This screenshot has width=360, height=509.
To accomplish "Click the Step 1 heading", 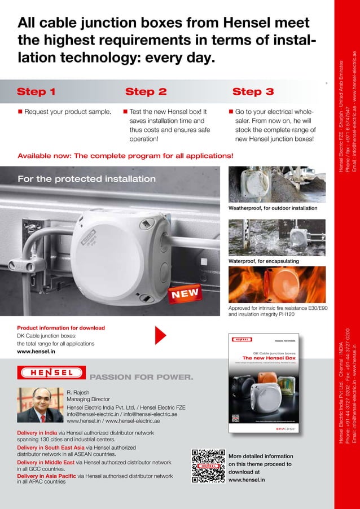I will [36, 92].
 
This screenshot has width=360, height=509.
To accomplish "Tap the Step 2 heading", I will [146, 92].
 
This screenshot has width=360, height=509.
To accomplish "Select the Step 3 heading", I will [253, 92].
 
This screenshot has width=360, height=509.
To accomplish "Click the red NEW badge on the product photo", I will [185, 293].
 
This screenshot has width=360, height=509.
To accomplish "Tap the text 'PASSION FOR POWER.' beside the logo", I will [142, 376].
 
